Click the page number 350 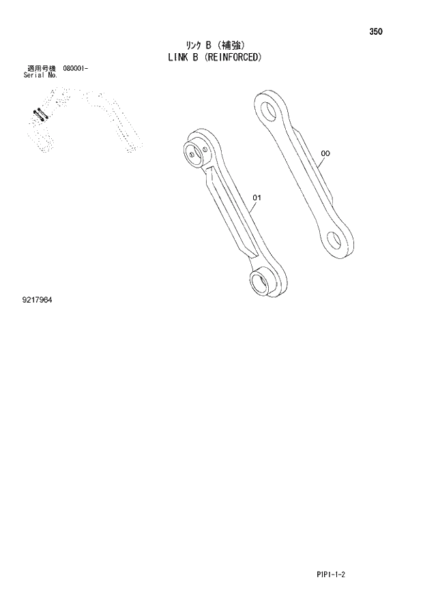376,31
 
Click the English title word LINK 178,58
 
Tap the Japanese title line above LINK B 208,46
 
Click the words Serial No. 40,75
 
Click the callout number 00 325,154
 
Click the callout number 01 257,198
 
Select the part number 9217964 37,299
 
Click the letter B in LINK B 197,58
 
